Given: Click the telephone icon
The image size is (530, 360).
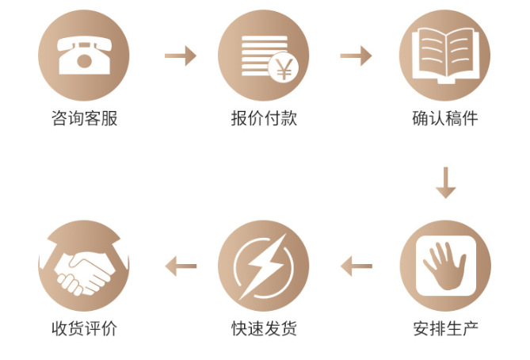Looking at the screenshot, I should click(83, 55).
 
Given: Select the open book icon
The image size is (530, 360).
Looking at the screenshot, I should click(445, 54).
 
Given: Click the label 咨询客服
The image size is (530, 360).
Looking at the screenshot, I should click(84, 119).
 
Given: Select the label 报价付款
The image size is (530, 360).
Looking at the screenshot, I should click(264, 119).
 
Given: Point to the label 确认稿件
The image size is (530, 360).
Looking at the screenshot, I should click(445, 119).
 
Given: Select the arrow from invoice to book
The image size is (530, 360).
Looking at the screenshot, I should click(356, 56).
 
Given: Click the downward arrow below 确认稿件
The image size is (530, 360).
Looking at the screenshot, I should click(446, 182).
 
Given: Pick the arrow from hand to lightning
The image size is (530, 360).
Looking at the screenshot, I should click(357, 266).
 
